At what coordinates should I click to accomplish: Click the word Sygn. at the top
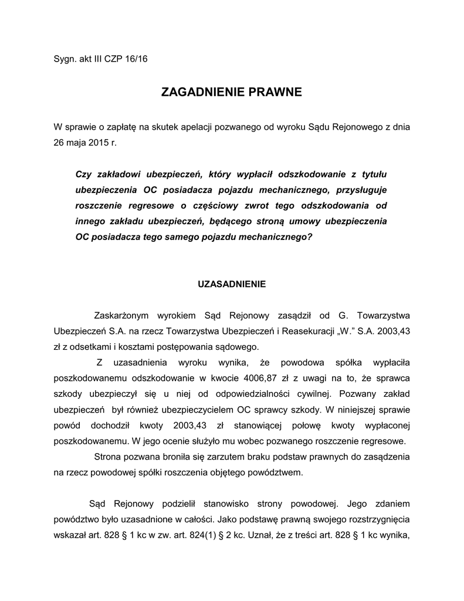coord(65,59)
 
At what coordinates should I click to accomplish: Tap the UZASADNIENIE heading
coord(232,284)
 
